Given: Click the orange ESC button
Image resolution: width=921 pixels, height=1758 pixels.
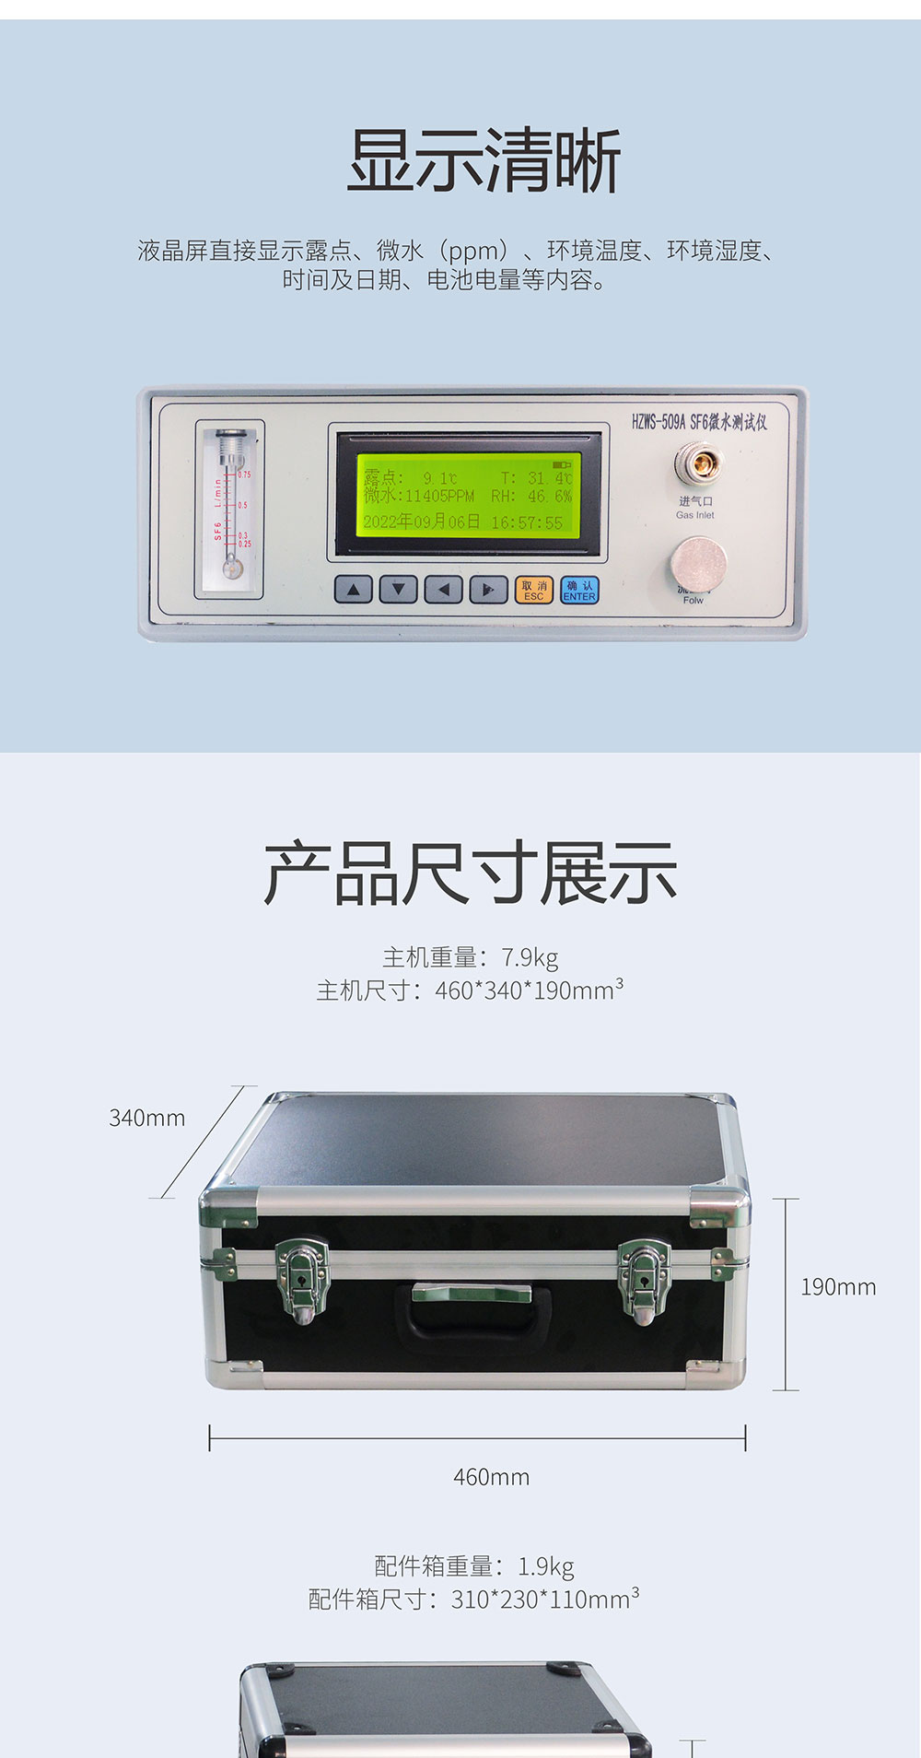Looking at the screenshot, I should [533, 591].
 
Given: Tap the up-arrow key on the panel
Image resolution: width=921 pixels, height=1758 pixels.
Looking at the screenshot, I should [354, 590].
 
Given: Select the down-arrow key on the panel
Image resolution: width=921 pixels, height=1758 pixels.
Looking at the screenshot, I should [399, 590].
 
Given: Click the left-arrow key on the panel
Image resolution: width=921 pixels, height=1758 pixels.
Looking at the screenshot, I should [444, 590].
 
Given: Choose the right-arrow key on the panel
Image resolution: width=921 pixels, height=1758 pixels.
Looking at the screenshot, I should [488, 590].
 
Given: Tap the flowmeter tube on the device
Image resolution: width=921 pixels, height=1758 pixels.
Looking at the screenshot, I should [229, 506].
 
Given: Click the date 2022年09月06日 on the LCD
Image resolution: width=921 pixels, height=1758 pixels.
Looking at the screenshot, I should [422, 522].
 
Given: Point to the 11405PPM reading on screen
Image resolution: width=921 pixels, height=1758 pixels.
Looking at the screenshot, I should [440, 497].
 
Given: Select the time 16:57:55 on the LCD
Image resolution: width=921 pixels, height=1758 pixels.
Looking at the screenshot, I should [527, 522].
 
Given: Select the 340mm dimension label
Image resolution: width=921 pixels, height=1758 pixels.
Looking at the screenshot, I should [147, 1118].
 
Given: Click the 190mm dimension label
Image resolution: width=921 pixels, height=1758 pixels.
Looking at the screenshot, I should [838, 1287].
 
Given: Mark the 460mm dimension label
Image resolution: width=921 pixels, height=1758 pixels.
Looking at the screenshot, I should [491, 1477].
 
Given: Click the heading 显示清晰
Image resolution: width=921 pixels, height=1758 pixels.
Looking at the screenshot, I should [484, 161].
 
